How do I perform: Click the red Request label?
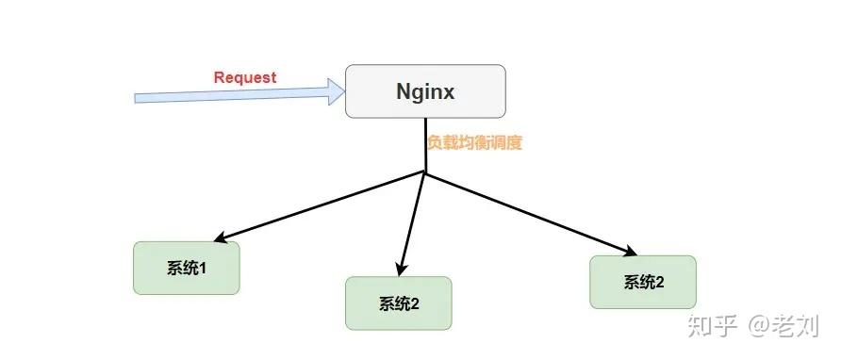coord(245,77)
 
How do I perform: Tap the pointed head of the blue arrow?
coord(338,91)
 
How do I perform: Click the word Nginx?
coord(425,92)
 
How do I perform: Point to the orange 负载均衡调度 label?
coord(474,143)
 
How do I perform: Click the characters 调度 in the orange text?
coord(506,143)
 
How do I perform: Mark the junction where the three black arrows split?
coord(426,173)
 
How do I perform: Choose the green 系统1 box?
coord(186,269)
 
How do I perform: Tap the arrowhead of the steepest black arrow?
coord(401,270)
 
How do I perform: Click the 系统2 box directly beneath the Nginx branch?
coord(399,303)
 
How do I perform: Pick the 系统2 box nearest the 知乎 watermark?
coord(643,282)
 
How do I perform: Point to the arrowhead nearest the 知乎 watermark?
coord(629,251)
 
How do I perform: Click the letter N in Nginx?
coord(403,92)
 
